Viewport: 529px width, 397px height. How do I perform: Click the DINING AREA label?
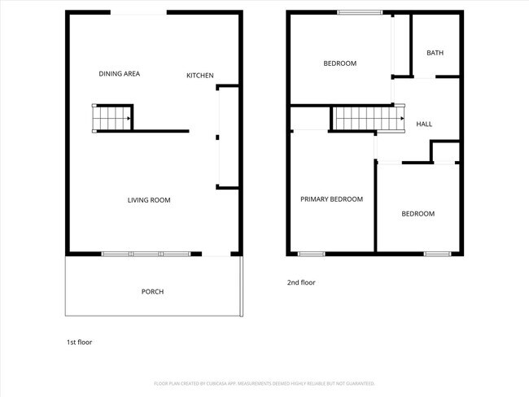(120, 74)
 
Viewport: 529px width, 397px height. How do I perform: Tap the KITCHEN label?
(200, 76)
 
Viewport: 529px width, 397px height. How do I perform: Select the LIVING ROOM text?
(149, 200)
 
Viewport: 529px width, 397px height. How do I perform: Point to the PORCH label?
(152, 291)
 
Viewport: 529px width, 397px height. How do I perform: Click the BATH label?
(435, 54)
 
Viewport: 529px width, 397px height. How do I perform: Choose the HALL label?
(424, 124)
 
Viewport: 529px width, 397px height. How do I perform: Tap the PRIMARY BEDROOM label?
(331, 199)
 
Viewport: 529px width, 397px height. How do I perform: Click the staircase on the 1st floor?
(112, 118)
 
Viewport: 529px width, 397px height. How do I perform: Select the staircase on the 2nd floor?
(369, 119)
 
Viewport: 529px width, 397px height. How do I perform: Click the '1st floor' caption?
(79, 342)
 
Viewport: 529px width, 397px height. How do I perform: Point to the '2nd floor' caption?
(300, 283)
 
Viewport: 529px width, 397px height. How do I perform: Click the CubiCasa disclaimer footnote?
(264, 383)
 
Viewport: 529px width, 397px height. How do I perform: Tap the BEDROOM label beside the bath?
(339, 63)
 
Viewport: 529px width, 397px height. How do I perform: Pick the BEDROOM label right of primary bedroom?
(418, 214)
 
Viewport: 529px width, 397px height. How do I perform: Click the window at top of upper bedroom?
(360, 11)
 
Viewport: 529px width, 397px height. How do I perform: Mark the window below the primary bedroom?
(311, 254)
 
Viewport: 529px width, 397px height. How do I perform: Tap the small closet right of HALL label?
(445, 151)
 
